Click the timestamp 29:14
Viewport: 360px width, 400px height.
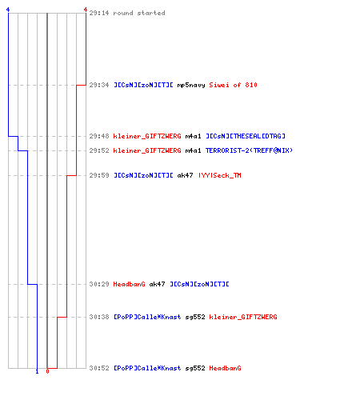coord(99,13)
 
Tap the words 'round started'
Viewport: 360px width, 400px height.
coord(139,13)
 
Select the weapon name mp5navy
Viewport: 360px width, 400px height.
coord(191,85)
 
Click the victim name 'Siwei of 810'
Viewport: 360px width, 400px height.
coord(233,85)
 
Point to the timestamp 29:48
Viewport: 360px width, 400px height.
coord(99,136)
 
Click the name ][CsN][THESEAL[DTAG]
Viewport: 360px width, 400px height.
coord(246,136)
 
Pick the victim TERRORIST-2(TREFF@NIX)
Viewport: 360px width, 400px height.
coord(249,150)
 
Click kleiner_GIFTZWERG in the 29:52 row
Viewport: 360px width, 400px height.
coord(147,150)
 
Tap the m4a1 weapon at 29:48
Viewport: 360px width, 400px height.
coord(193,136)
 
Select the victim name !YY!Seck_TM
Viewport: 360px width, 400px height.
coord(220,175)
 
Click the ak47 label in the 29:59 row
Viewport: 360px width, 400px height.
coord(185,175)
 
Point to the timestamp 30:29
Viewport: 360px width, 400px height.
coord(99,284)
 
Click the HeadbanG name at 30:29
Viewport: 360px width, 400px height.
coord(129,284)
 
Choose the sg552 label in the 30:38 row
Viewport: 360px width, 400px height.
coord(195,317)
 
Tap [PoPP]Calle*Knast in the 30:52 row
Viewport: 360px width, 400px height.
coord(147,368)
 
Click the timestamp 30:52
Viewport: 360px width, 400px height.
coord(99,368)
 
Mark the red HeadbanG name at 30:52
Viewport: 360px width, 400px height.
coord(225,368)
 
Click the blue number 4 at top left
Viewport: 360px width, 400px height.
coord(8,10)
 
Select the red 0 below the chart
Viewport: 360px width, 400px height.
coord(47,371)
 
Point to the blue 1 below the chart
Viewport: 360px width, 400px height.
coord(37,371)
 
